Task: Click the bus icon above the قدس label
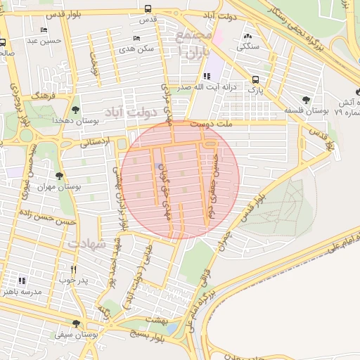(148, 8)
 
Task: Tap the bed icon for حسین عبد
(44, 30)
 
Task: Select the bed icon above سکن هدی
(136, 38)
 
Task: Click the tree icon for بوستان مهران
(59, 176)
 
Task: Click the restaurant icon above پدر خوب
(73, 269)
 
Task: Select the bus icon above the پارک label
(256, 79)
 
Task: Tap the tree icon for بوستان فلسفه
(305, 100)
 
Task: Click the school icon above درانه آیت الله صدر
(206, 76)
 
